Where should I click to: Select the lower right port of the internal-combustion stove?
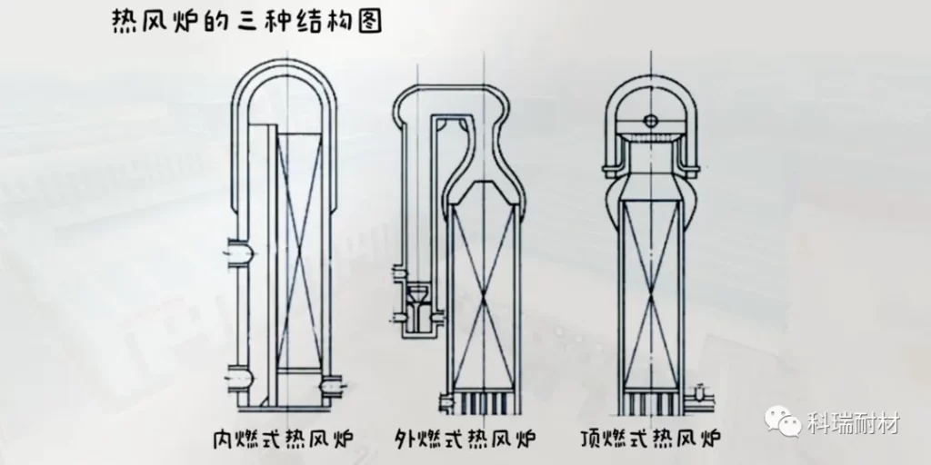coord(326,387)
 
